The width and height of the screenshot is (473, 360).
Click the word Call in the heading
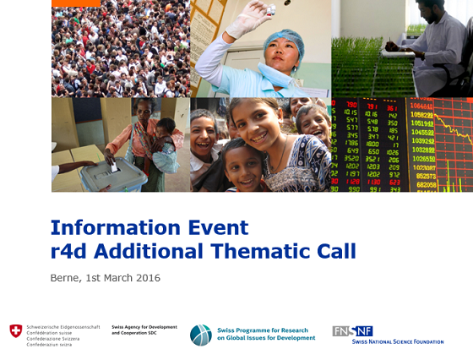(x=335, y=251)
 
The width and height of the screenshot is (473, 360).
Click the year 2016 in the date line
(x=146, y=278)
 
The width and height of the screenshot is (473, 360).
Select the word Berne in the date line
(x=65, y=278)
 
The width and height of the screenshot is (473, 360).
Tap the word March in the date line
(x=113, y=278)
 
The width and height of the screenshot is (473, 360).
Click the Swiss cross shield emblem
(x=16, y=331)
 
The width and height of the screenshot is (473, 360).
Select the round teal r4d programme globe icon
(x=200, y=335)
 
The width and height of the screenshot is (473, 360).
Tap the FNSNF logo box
(x=352, y=330)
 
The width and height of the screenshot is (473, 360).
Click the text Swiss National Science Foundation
(x=397, y=341)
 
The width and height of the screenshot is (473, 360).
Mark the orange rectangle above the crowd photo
(x=75, y=3)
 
